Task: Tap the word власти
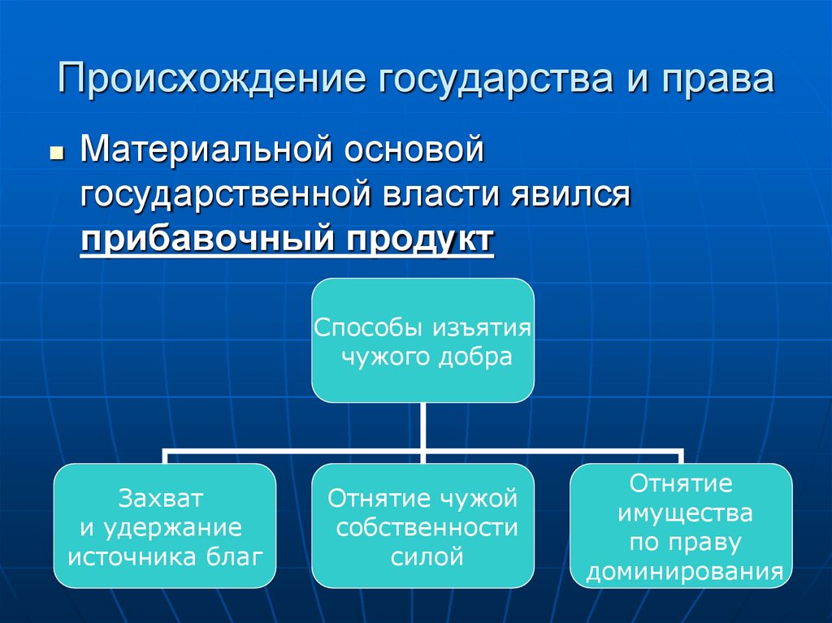coord(442,196)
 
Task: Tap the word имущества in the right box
coord(685,513)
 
